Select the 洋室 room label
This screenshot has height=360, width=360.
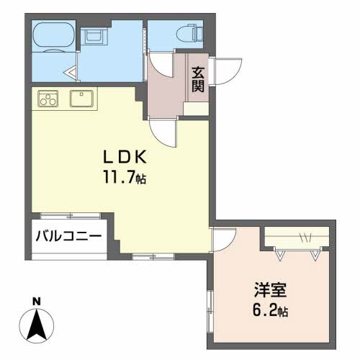pos(270,292)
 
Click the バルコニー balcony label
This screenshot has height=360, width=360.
pos(69,235)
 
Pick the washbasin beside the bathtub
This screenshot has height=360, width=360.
pos(93,37)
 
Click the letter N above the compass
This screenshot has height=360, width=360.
pos(37,300)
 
